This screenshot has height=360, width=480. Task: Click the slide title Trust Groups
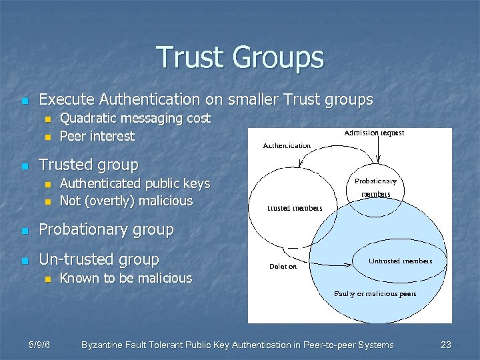click(240, 57)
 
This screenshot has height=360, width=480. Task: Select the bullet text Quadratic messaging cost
click(135, 118)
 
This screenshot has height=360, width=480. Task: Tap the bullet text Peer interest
click(97, 136)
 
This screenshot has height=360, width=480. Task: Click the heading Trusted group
click(89, 164)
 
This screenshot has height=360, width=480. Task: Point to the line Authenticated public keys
click(135, 183)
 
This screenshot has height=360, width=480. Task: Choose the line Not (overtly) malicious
click(126, 201)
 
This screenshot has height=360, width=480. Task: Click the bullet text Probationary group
click(106, 230)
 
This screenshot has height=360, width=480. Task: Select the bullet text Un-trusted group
click(99, 259)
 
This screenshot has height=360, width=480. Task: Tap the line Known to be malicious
click(125, 278)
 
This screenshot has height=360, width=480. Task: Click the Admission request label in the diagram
click(375, 133)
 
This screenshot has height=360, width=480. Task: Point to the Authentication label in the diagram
click(287, 145)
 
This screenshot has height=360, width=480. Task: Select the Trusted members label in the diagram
click(295, 208)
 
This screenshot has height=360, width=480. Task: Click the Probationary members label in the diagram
click(375, 187)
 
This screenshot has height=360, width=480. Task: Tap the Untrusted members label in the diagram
click(401, 261)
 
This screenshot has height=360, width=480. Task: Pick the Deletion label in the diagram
click(283, 266)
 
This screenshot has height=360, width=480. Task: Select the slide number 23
click(446, 345)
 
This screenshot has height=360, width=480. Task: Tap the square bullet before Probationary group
click(25, 231)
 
